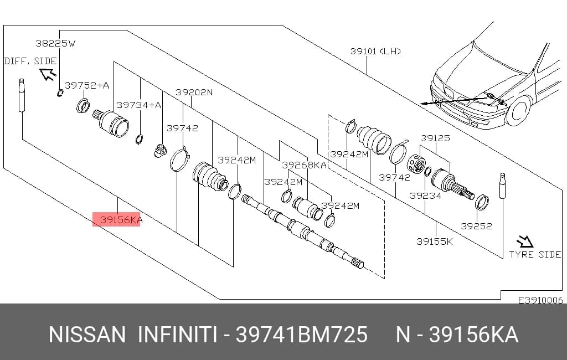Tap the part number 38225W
coord(55,43)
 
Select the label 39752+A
coord(87,85)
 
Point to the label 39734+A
coord(139,105)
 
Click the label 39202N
coord(194,92)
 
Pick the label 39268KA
coord(305,165)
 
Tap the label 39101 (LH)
coord(376,51)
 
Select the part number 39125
coord(435,138)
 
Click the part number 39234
coord(425,196)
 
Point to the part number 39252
coord(476,226)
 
